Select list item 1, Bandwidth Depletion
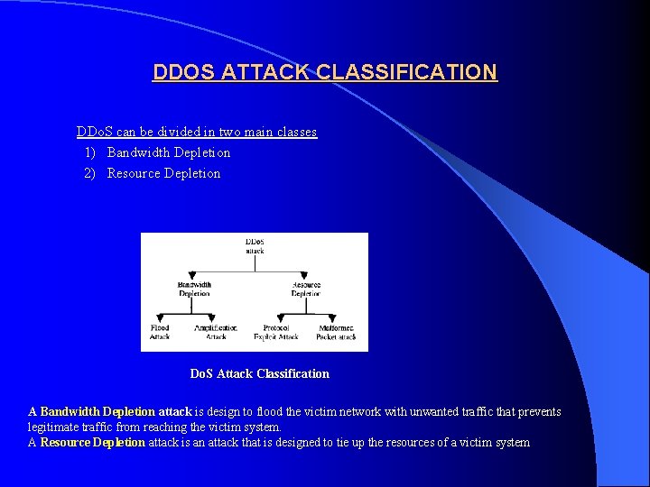coord(168,152)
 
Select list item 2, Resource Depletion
coord(163,173)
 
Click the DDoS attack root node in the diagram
coord(255,245)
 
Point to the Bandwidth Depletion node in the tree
coord(194,289)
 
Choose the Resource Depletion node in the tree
coord(306,289)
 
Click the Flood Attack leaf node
coord(160,332)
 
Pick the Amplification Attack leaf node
coord(216,332)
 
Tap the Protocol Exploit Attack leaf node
coord(275,332)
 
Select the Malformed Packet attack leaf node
coord(336,332)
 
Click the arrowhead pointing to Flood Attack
coord(160,318)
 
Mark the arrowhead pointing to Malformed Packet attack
coord(336,318)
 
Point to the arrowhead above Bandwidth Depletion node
coord(193,275)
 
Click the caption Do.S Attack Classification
coord(259,373)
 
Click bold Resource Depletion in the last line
coord(92,442)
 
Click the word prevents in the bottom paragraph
coord(536,411)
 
